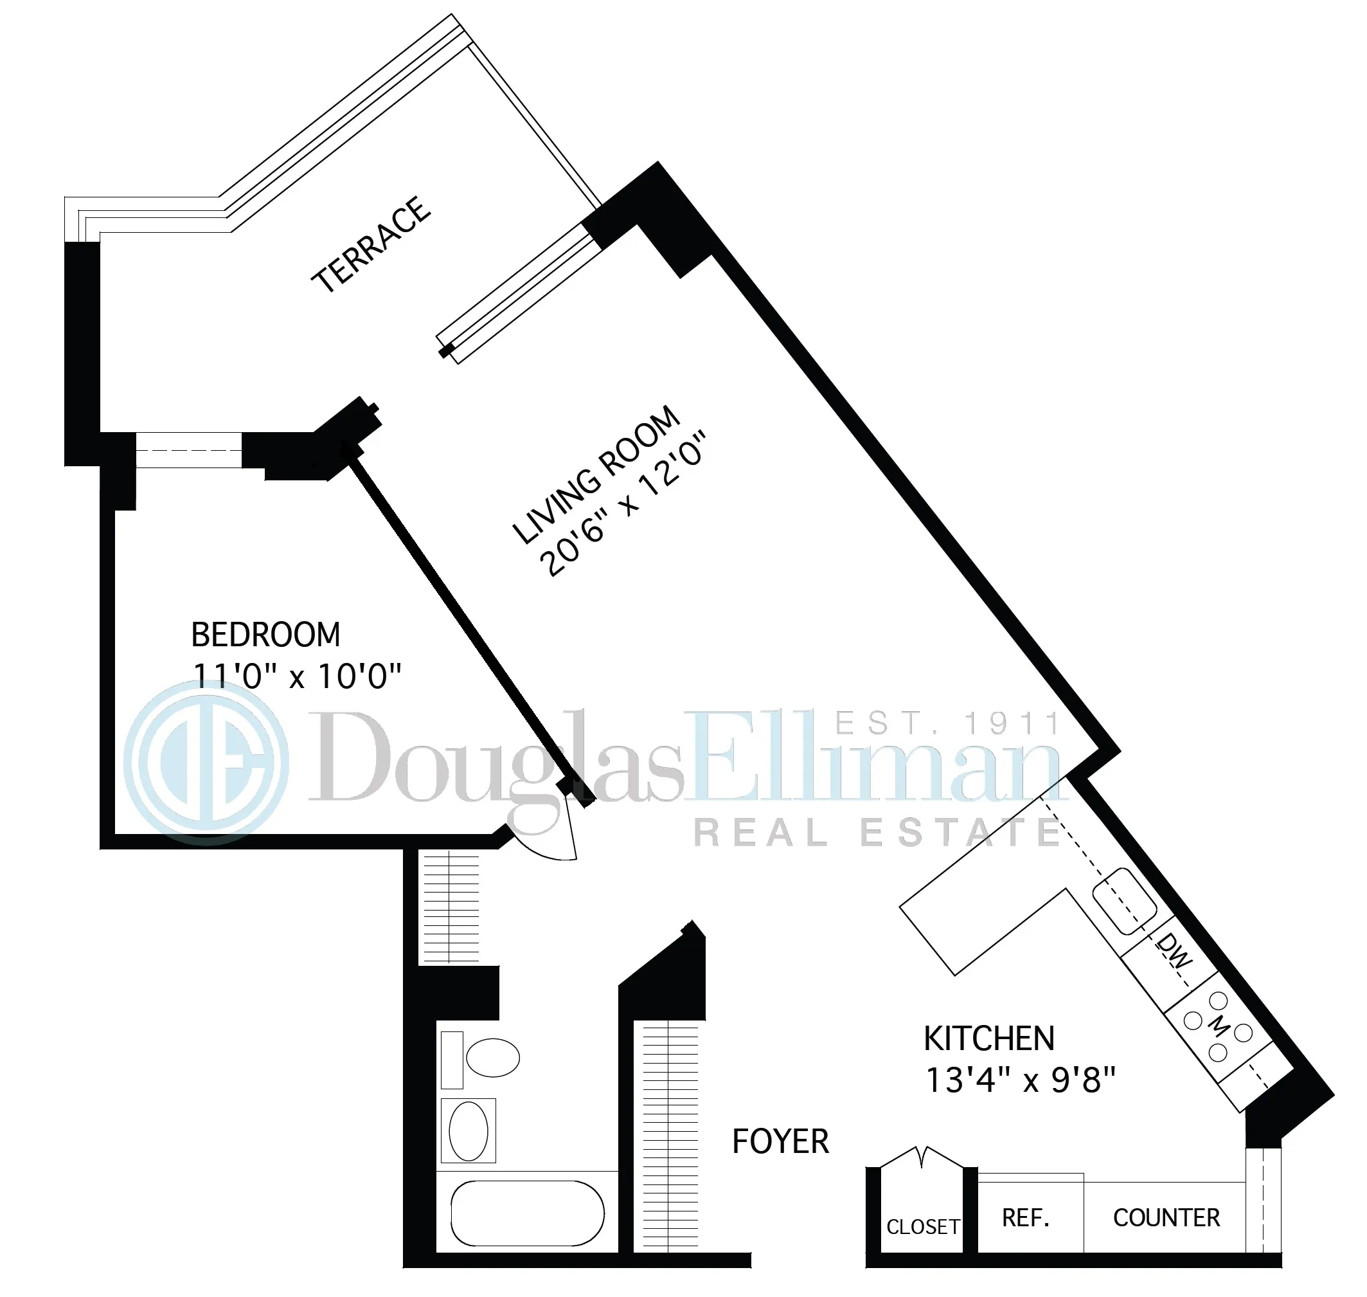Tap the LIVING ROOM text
coord(596,475)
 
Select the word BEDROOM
coord(265,635)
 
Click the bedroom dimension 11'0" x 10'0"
coord(296,676)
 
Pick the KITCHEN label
coord(989,1039)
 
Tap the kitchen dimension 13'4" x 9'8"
coord(1020,1080)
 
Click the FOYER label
coord(780,1141)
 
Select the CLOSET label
coord(923,1226)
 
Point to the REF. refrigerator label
coord(1026,1217)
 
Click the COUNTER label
coord(1166,1217)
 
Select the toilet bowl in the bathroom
coord(492,1058)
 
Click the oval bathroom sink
coord(469,1131)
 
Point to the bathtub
coord(527,1213)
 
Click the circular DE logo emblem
coord(206,762)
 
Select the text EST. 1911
coord(947,724)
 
